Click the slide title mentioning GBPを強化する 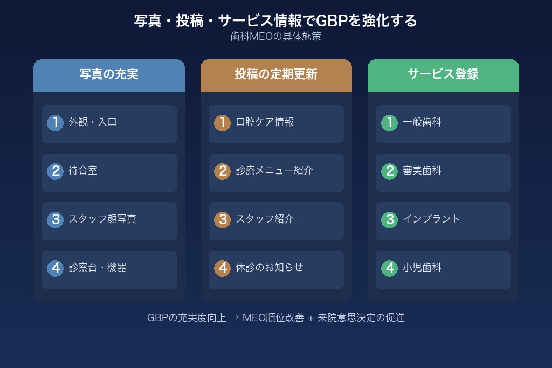click(x=275, y=20)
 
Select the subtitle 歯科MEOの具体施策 click(x=275, y=37)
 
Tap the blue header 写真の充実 click(x=109, y=74)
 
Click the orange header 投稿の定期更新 click(x=276, y=74)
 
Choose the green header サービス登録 click(x=443, y=74)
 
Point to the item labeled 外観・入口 click(x=93, y=122)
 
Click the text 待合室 click(x=83, y=171)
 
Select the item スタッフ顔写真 click(x=102, y=219)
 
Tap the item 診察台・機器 click(x=98, y=268)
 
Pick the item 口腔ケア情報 click(x=265, y=122)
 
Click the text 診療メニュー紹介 click(x=274, y=171)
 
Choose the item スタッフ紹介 click(x=265, y=219)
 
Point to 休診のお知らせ click(x=270, y=268)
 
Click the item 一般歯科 click(x=422, y=122)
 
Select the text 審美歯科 click(x=422, y=171)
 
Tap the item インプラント click(x=432, y=219)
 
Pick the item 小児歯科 click(x=422, y=268)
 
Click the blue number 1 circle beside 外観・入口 click(x=55, y=123)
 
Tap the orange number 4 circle click(x=222, y=268)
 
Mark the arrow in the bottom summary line click(x=234, y=318)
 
